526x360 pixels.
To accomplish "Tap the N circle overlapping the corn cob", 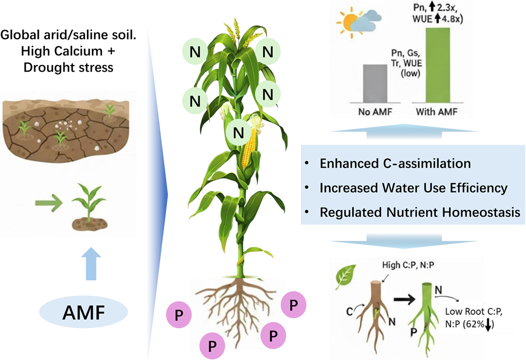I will (239, 133).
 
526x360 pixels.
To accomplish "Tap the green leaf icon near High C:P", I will (345, 275).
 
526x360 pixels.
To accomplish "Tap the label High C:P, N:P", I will (399, 265).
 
